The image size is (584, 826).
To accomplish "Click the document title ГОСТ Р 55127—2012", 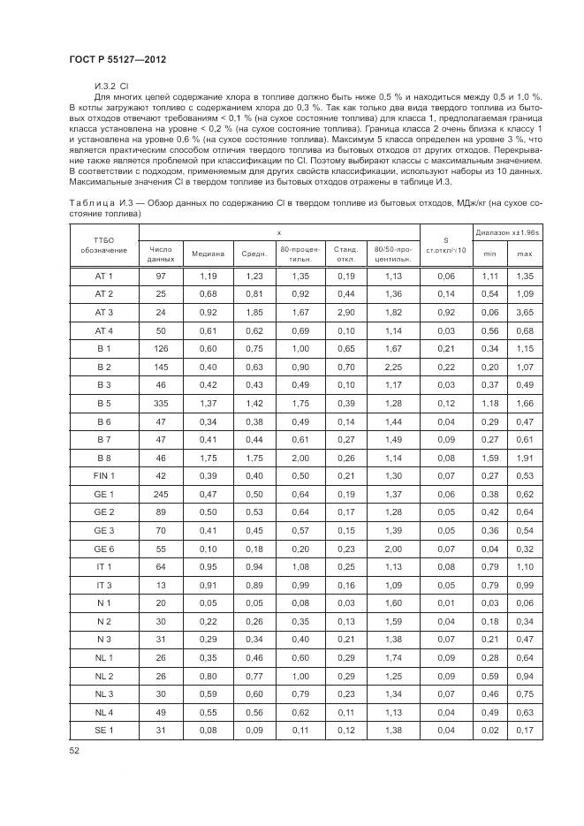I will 117,58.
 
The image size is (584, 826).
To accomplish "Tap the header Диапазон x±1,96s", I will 506,232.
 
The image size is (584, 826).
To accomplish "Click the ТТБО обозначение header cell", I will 104,244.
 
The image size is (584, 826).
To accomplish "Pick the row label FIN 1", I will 104,476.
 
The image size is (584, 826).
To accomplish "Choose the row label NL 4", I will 104,711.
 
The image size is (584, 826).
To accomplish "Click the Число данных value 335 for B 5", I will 160,403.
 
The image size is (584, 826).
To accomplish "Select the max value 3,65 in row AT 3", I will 525,312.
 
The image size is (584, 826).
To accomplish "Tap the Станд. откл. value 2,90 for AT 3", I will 345,312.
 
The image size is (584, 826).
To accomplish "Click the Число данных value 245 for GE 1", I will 160,494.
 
